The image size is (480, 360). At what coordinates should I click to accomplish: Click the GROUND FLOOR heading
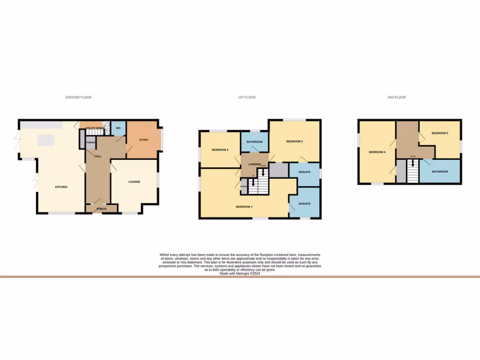(78, 97)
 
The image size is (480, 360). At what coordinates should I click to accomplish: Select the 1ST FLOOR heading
(247, 97)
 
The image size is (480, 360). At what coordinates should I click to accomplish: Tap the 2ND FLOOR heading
(397, 97)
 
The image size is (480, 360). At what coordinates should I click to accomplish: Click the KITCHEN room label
(61, 187)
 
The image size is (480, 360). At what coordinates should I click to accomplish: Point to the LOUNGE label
(135, 182)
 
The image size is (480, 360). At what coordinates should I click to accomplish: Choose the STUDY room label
(144, 140)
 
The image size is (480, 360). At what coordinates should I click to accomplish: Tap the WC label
(119, 128)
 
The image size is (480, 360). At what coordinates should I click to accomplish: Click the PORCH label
(101, 209)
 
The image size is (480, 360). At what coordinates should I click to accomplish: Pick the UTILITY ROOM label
(95, 127)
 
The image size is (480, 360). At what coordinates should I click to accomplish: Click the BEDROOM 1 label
(244, 207)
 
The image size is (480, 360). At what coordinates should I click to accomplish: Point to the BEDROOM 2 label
(295, 142)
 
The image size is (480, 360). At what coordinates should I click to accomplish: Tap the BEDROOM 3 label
(220, 150)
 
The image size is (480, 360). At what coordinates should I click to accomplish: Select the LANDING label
(255, 165)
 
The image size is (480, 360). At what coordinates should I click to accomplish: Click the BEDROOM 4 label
(377, 152)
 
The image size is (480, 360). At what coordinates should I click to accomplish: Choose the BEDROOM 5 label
(440, 133)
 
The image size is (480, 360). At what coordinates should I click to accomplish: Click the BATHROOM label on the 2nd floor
(440, 172)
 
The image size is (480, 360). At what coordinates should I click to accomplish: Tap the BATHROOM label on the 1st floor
(255, 142)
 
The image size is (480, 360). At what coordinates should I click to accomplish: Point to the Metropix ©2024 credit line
(240, 274)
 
